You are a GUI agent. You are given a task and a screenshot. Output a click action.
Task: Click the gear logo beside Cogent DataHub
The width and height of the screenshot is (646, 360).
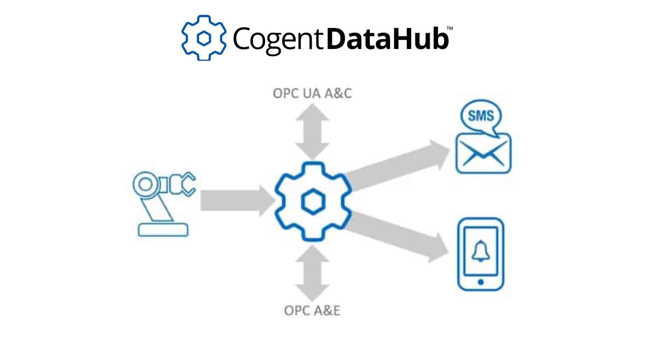pos(204,38)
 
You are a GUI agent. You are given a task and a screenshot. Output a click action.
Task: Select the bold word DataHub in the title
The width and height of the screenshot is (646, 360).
pos(387,39)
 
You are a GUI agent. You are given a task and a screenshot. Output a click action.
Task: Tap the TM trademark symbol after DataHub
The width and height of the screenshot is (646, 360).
pos(449,29)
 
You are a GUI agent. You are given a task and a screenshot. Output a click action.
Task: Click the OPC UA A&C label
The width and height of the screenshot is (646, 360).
pos(312,93)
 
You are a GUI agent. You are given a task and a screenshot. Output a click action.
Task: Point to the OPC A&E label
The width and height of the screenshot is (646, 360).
pos(312,311)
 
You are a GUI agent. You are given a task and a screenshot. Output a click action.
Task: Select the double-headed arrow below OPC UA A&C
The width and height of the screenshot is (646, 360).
pos(312,131)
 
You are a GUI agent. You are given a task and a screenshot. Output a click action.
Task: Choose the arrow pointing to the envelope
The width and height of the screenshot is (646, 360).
pos(397,166)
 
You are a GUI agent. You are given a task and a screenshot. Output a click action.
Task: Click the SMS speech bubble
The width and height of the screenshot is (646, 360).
pos(481,116)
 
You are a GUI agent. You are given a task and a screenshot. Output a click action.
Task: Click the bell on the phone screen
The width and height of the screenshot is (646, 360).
pos(481,251)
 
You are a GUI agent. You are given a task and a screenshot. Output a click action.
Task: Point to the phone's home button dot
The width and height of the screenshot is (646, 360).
pos(481,282)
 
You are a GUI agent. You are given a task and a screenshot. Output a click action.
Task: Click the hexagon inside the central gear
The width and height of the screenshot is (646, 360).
pos(313,201)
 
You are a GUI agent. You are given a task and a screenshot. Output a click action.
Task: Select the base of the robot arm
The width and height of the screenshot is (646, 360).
pos(163,230)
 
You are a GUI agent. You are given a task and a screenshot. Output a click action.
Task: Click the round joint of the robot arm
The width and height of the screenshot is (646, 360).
pos(145,184)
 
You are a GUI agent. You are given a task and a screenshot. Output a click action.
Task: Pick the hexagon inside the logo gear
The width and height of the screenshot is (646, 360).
pos(204,38)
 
